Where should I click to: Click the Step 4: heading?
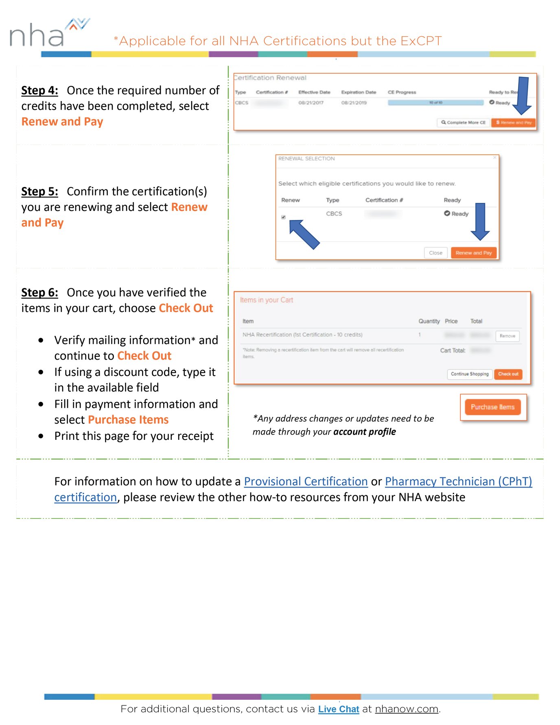point(39,90)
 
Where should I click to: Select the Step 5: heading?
point(39,191)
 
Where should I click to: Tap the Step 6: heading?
point(39,292)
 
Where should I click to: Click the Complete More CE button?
point(463,122)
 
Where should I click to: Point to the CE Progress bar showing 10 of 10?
point(435,103)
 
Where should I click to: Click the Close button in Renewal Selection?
point(435,253)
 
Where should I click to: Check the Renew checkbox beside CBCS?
point(284,217)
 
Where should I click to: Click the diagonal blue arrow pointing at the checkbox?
point(304,234)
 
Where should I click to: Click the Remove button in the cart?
point(507,336)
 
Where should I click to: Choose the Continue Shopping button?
point(469,374)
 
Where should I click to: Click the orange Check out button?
point(508,374)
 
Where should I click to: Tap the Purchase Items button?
point(492,407)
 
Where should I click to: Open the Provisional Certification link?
point(306,481)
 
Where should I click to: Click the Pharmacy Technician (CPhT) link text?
point(458,481)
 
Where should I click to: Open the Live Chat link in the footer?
point(339,709)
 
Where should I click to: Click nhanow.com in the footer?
point(406,709)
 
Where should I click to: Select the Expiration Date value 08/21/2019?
point(354,103)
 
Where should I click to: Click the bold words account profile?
point(364,432)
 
